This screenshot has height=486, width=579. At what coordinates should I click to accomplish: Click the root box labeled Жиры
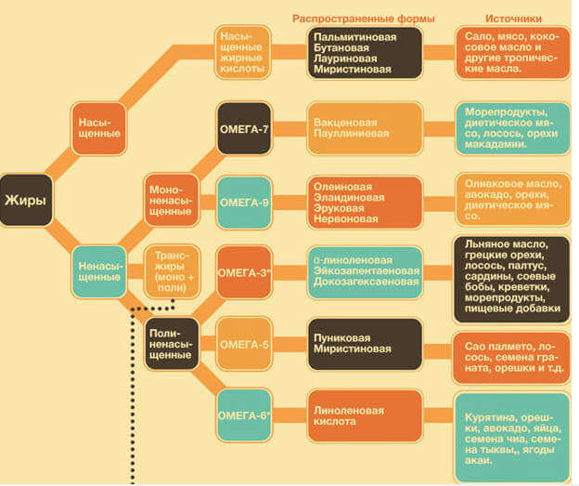click(x=26, y=200)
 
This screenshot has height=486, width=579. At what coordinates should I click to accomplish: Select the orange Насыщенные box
click(x=98, y=128)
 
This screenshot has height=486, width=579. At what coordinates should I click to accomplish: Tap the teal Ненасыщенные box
click(x=98, y=271)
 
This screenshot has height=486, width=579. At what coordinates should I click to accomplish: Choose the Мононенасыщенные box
click(x=172, y=200)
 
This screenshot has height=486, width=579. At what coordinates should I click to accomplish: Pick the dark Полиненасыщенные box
click(x=172, y=344)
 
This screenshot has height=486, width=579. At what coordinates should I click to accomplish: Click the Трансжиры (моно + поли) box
click(x=172, y=271)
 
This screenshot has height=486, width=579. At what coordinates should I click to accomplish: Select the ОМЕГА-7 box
click(x=244, y=128)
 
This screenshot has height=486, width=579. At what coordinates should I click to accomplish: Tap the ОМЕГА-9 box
click(x=244, y=203)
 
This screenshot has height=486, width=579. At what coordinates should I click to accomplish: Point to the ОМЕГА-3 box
click(x=244, y=272)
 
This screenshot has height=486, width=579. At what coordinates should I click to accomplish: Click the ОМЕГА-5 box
click(x=244, y=344)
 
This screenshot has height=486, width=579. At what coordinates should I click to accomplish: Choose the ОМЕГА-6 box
click(x=244, y=415)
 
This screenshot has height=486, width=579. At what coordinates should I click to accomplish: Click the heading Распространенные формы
click(x=364, y=19)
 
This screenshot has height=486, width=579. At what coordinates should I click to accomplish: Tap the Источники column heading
click(x=513, y=19)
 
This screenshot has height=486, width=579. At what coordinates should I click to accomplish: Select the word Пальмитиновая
click(x=354, y=37)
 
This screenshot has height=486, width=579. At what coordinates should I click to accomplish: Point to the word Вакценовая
click(x=345, y=123)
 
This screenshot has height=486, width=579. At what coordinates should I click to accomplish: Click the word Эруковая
click(x=339, y=208)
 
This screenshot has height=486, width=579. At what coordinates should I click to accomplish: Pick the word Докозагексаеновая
click(x=366, y=282)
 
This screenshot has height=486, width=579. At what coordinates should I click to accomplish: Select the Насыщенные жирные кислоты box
click(x=242, y=52)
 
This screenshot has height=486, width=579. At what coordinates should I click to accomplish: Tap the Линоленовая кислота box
click(x=365, y=415)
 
